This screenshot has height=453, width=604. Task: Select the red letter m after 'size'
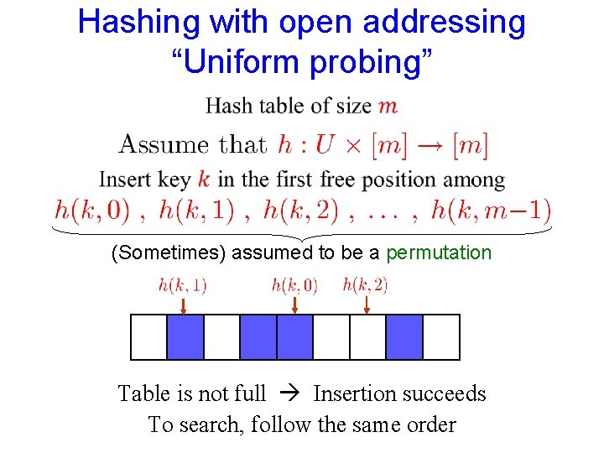388,106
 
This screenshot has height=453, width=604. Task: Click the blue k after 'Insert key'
205,179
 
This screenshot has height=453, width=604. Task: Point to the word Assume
165,143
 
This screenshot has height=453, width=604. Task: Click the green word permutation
439,253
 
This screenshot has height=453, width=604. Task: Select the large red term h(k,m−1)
491,209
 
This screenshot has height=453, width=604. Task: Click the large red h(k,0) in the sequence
91,209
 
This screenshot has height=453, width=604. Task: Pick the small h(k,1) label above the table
182,286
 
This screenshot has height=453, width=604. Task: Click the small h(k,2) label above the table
365,285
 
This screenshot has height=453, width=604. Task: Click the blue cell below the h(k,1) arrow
185,336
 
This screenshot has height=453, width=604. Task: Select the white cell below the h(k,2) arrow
367,336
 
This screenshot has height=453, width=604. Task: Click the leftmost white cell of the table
148,336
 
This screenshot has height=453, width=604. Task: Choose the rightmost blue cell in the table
404,336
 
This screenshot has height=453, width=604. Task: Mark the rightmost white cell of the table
441,336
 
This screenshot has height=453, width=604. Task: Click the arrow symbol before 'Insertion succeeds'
289,393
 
